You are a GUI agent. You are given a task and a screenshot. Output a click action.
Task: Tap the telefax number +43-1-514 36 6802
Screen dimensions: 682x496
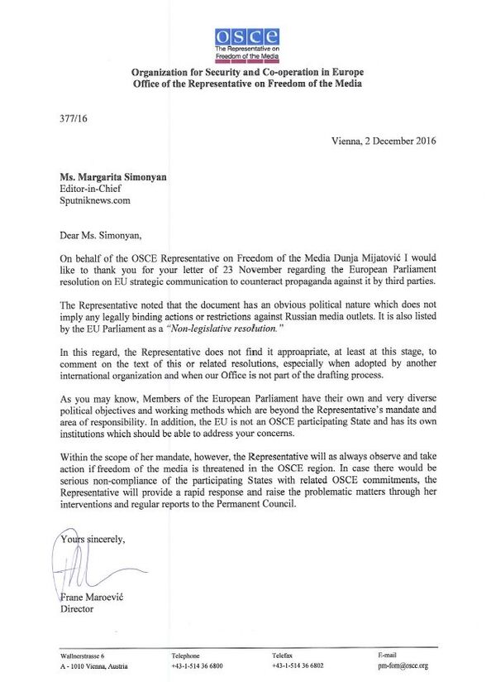[298, 665]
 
